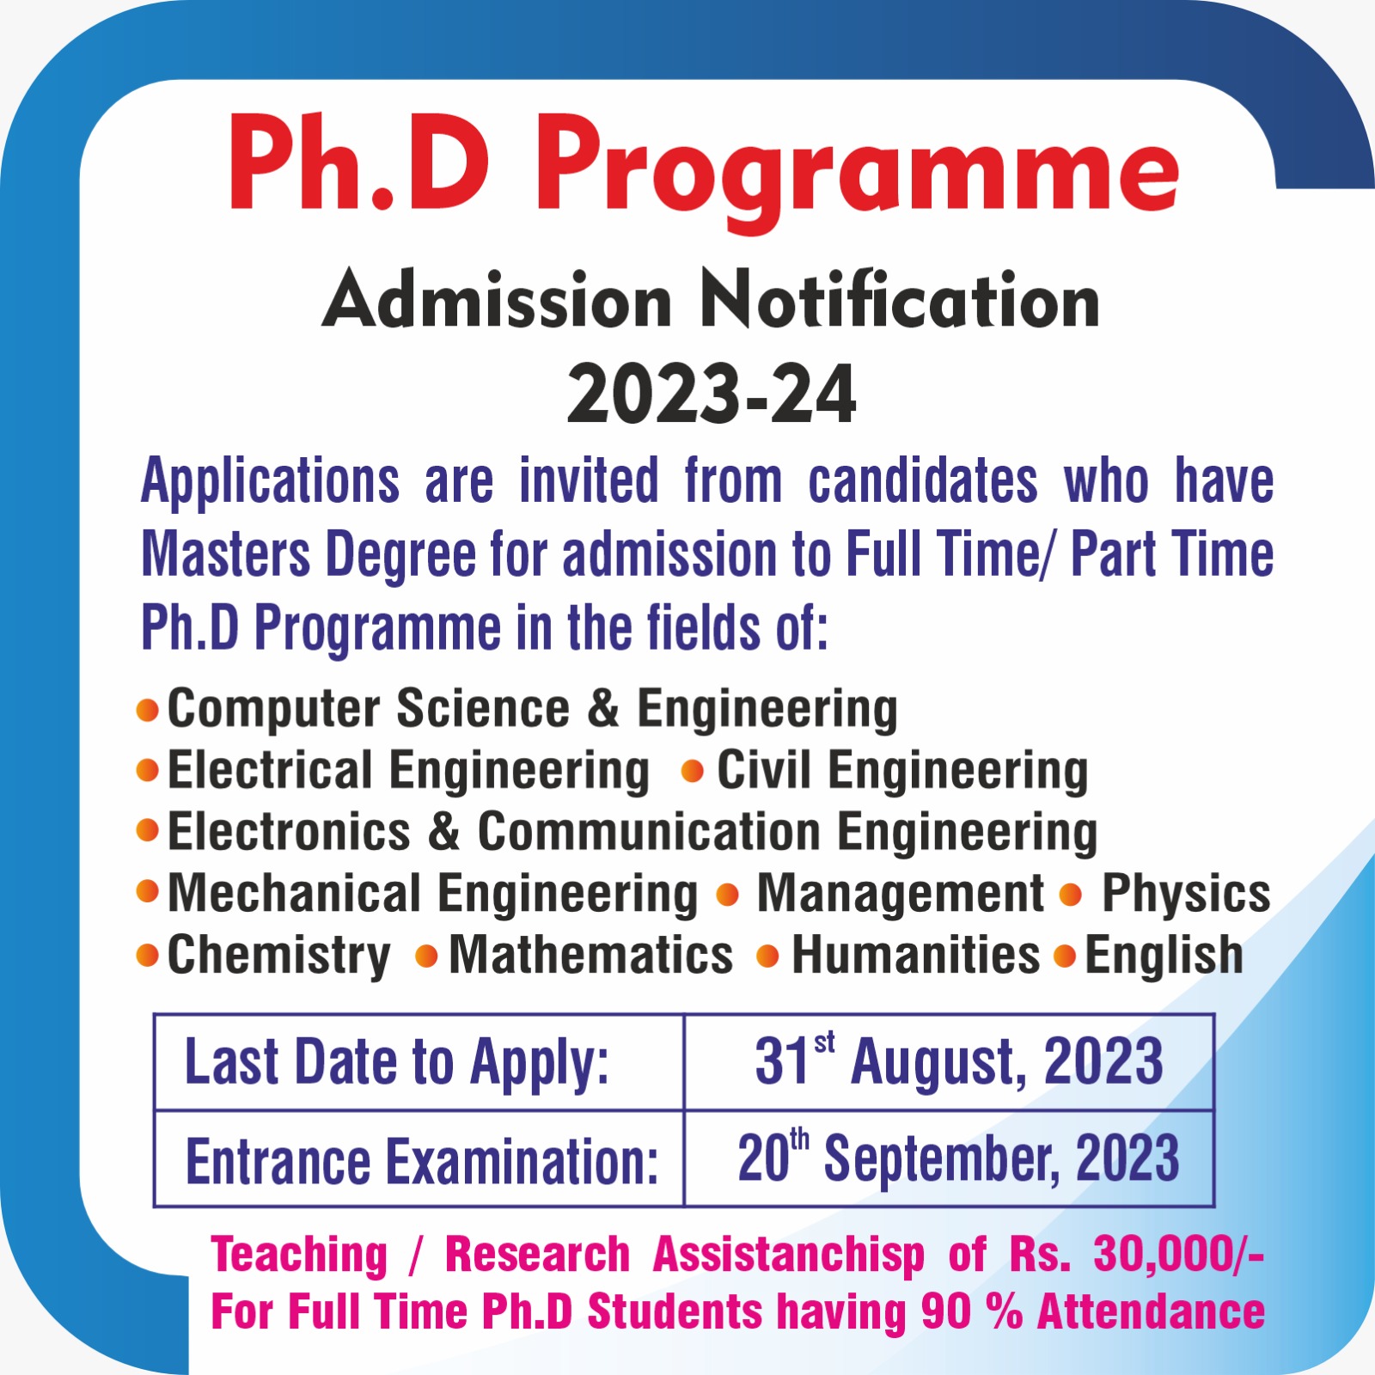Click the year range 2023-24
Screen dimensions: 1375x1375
712,394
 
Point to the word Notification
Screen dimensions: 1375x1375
900,301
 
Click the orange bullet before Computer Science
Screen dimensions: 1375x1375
148,710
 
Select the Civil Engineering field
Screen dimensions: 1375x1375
902,770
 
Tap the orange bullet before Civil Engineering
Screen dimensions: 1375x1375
692,772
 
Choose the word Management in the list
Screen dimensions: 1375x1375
900,894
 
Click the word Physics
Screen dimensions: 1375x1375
1186,894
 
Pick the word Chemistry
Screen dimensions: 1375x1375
278,956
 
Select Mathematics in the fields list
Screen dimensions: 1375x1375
591,956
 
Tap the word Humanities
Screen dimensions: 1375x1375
915,956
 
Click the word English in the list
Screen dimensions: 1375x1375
1164,956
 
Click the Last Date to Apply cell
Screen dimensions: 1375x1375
419,1062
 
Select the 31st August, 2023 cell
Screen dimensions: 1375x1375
949,1062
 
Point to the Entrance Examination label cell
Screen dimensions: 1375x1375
419,1159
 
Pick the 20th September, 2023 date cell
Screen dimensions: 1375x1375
949,1159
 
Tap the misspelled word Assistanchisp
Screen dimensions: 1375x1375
789,1255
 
